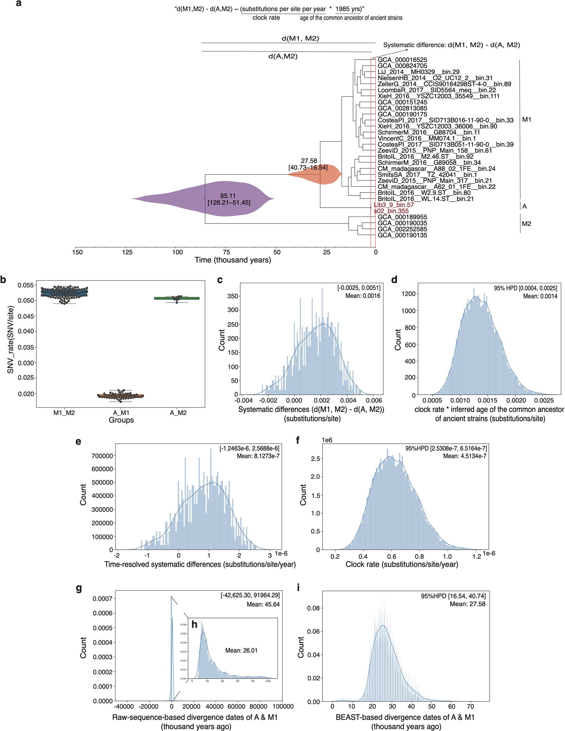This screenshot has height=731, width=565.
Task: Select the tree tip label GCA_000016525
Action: point(402,60)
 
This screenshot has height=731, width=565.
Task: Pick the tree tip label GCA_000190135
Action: point(402,235)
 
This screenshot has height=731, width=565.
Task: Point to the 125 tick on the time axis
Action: point(127,252)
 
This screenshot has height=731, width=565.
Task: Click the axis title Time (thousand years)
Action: point(233,260)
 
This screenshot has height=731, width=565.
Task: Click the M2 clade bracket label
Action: point(526,224)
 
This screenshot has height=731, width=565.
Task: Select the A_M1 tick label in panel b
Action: point(121,413)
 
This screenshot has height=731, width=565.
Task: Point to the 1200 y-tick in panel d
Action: point(408,294)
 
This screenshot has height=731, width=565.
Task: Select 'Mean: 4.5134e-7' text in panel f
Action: point(464,456)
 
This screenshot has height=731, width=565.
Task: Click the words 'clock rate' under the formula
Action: point(266,18)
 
